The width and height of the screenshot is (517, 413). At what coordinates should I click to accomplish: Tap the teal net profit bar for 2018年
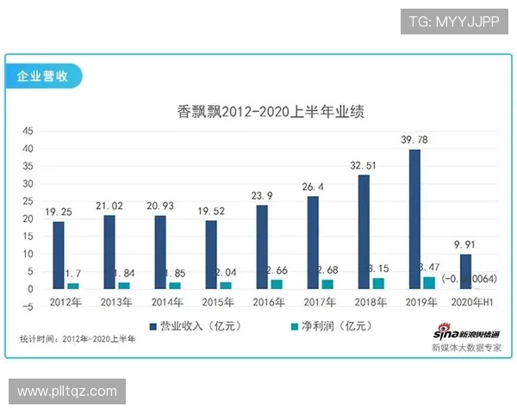pos(377,282)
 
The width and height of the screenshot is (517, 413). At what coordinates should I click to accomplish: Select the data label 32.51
pos(364,166)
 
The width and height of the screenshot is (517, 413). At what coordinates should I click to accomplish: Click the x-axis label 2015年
pos(220,302)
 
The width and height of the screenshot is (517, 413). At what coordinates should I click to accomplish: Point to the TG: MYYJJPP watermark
pos(453,22)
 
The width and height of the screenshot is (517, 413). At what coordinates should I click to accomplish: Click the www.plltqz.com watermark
pos(67,391)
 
